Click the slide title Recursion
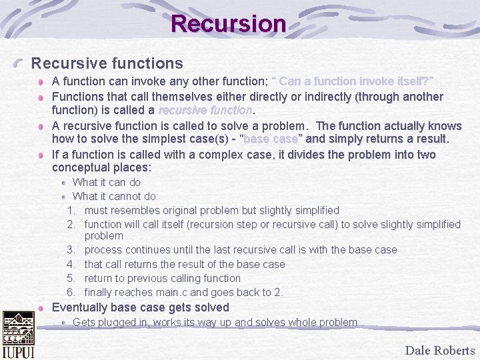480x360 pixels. click(229, 24)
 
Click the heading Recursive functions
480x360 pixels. click(107, 63)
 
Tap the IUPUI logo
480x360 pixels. click(18, 335)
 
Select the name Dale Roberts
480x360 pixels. click(439, 350)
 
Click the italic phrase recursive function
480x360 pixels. click(205, 110)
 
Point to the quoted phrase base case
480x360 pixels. click(271, 139)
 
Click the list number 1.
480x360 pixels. click(71, 211)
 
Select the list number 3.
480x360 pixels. click(71, 250)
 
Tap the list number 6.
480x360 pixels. click(71, 292)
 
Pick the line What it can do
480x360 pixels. click(106, 182)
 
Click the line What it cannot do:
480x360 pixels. click(115, 196)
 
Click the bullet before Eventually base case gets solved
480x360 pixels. click(41, 308)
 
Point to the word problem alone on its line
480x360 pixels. click(103, 236)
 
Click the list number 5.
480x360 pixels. click(71, 278)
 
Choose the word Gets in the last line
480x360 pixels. click(83, 323)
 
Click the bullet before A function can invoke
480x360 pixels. click(41, 82)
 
